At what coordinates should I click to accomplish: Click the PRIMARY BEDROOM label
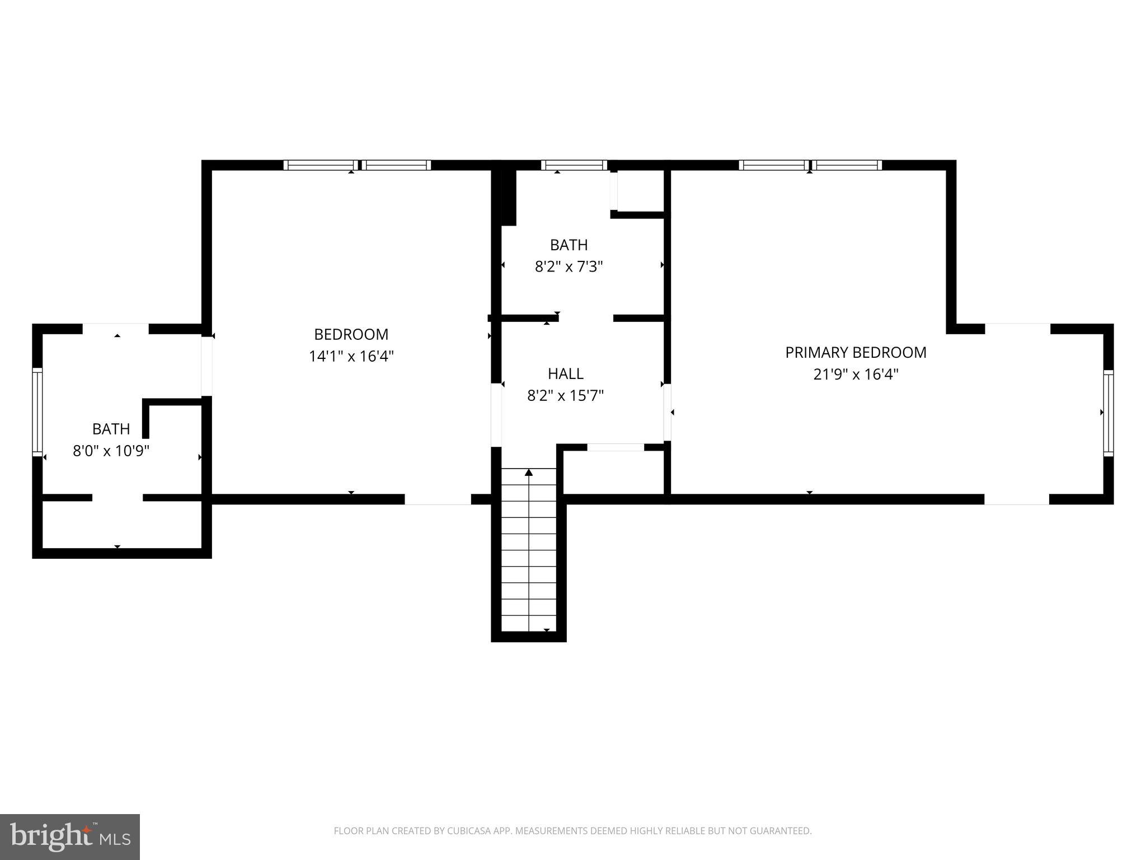856,352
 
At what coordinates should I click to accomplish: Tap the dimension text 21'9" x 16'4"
856,375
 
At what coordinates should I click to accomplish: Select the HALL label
565,373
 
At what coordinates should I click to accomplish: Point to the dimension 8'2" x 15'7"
565,396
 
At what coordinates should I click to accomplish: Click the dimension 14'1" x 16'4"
351,356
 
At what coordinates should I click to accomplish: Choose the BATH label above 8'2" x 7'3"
569,245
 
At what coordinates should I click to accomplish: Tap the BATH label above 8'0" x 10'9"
111,429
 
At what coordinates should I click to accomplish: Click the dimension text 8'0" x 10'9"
111,451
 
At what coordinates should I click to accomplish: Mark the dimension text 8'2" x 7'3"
569,267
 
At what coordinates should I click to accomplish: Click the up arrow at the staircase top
529,473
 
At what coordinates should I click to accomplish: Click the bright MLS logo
69,836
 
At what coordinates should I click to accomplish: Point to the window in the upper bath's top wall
574,165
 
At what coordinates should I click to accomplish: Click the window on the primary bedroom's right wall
1108,412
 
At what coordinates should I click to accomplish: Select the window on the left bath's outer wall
37,412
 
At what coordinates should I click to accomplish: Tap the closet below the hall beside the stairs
613,471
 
